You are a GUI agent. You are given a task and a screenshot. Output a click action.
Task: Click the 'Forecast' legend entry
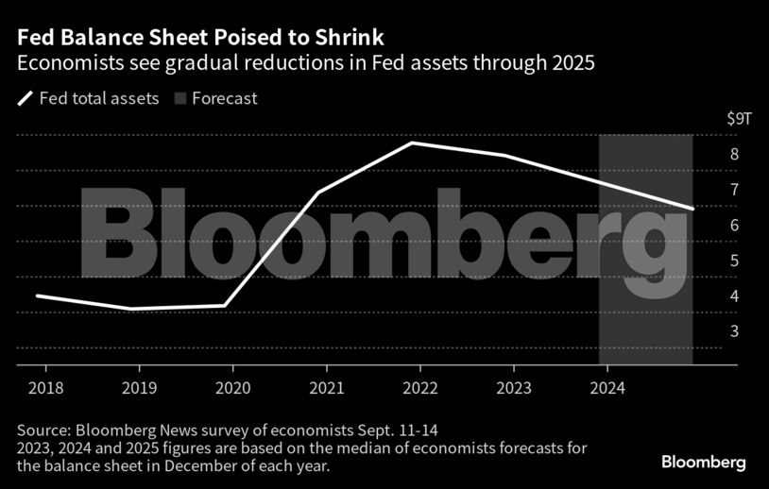point(226,98)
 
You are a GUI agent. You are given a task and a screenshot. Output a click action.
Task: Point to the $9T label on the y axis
point(739,119)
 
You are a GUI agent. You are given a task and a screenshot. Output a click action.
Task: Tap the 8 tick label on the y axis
point(733,155)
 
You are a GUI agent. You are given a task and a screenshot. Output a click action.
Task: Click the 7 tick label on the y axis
point(733,190)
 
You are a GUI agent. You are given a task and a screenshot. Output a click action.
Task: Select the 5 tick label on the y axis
point(733,261)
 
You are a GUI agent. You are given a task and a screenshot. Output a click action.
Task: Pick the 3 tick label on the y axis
point(733,331)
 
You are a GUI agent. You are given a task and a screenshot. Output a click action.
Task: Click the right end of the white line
point(694,209)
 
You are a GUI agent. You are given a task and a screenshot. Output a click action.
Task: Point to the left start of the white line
point(37,295)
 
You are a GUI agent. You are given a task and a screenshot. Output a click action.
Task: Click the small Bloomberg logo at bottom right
point(703,463)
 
